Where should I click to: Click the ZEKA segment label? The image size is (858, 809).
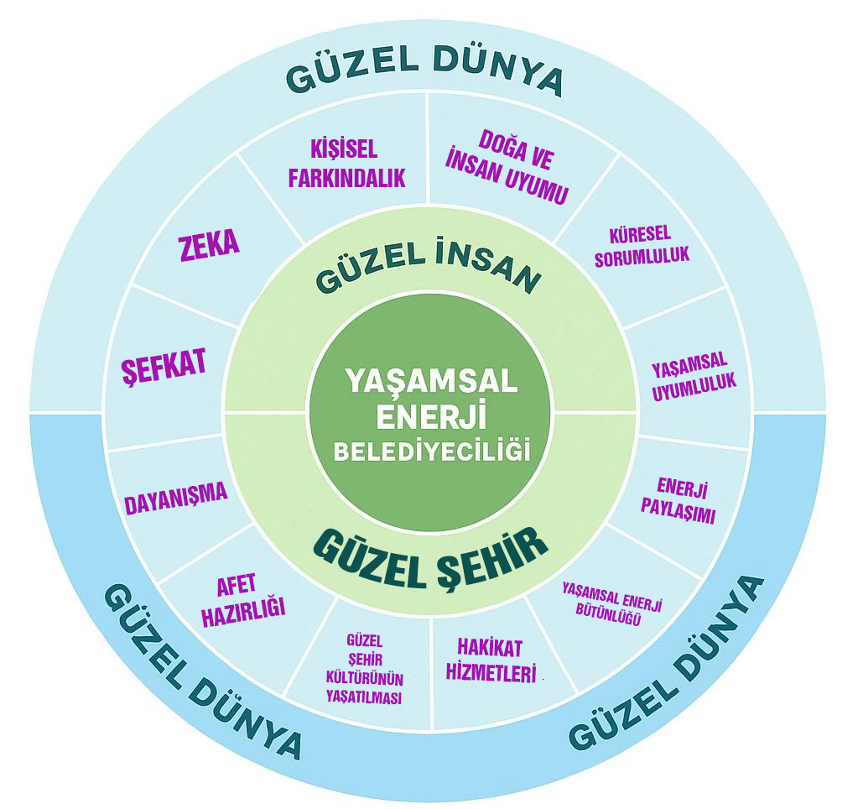pyautogui.click(x=209, y=243)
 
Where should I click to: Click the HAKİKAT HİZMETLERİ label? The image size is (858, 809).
pyautogui.click(x=495, y=660)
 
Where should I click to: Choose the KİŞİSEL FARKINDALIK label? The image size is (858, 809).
pyautogui.click(x=346, y=164)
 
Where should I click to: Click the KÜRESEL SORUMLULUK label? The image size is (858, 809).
pyautogui.click(x=642, y=246)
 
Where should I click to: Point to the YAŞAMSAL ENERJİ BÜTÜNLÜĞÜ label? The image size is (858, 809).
pyautogui.click(x=614, y=608)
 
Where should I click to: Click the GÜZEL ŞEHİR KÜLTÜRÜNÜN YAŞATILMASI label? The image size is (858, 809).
pyautogui.click(x=364, y=668)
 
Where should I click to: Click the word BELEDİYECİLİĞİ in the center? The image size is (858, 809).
pyautogui.click(x=433, y=450)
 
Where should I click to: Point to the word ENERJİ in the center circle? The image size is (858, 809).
pyautogui.click(x=432, y=415)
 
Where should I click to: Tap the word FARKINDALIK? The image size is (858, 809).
pyautogui.click(x=346, y=178)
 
